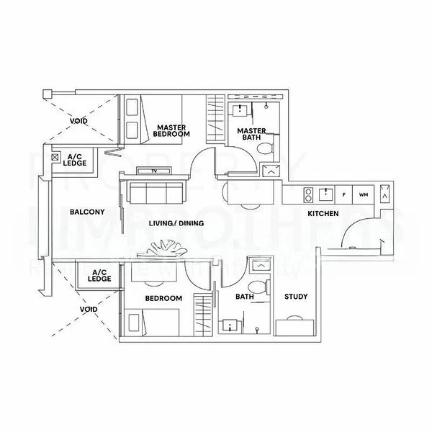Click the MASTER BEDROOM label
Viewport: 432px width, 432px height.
[x=173, y=130]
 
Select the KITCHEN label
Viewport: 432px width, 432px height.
[x=323, y=215]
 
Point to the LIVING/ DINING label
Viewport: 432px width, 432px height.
[x=176, y=223]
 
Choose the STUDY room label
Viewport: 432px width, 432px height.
[x=296, y=297]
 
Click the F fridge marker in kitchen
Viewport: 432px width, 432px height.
[x=344, y=194]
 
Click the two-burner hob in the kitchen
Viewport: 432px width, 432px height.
[x=307, y=194]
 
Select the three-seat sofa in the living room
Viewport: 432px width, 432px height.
[x=154, y=193]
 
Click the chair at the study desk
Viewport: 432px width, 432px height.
[x=295, y=320]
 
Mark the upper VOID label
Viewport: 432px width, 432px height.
[x=79, y=120]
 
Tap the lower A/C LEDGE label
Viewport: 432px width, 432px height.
[x=99, y=275]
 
